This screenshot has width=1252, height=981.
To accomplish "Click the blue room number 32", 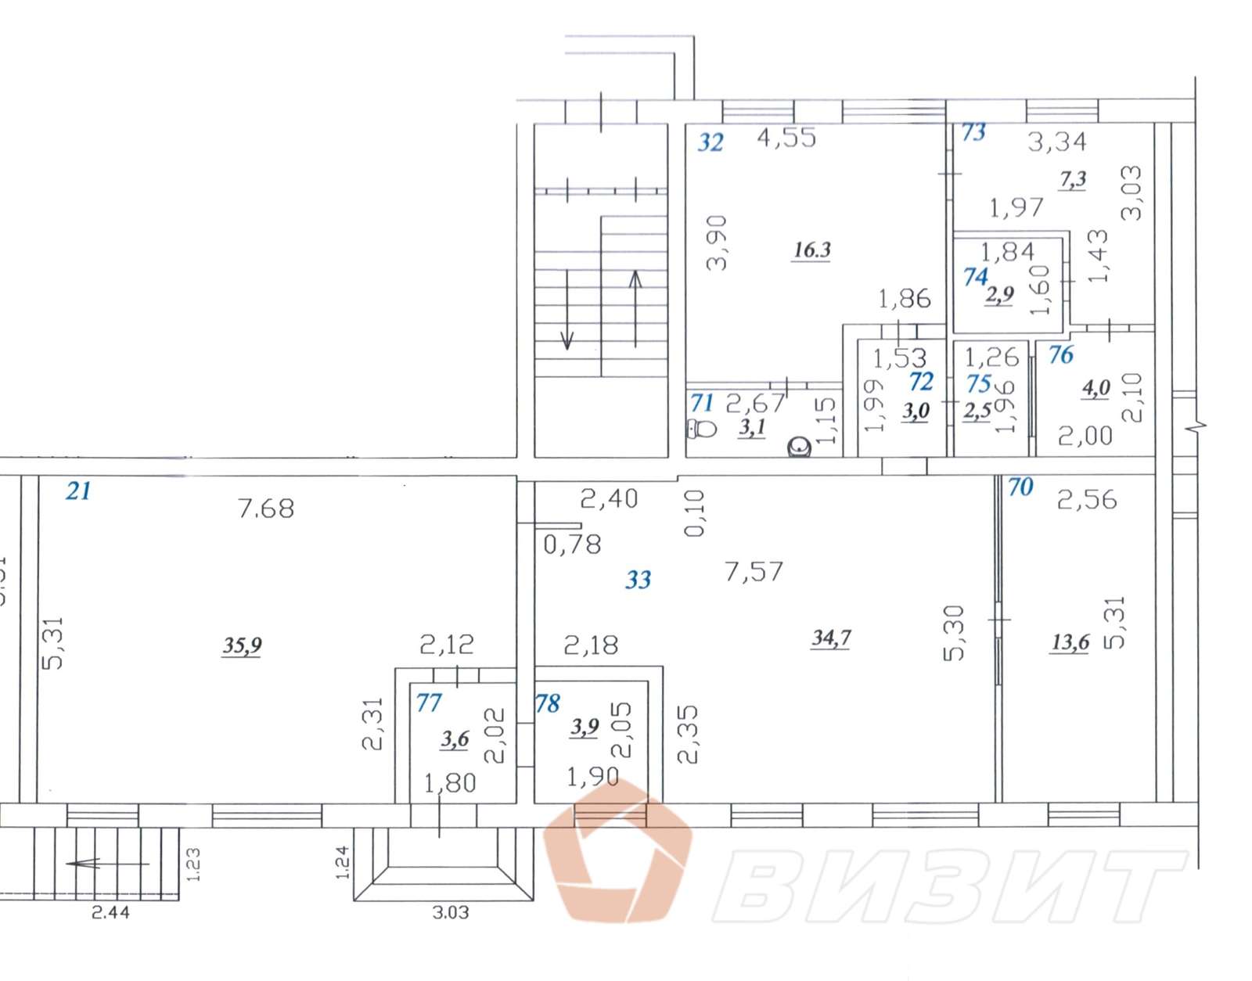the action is (710, 142).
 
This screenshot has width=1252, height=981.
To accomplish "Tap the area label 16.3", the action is (811, 250).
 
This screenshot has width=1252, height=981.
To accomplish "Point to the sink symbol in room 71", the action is (799, 447).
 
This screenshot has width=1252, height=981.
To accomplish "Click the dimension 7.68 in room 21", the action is (265, 508).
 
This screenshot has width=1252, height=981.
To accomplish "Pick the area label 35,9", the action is (242, 645).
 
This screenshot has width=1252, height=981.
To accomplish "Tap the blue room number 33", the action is (638, 580).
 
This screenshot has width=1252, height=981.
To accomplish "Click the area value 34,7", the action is (831, 638).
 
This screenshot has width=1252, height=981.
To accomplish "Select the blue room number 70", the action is (1020, 487).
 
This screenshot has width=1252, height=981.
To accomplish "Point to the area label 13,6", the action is (1070, 641).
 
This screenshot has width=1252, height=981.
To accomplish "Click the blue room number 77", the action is (429, 703).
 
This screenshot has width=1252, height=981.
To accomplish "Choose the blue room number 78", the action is (547, 703).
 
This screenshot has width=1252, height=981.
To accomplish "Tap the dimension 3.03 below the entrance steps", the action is (451, 912).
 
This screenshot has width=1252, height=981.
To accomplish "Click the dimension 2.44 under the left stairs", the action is (110, 912).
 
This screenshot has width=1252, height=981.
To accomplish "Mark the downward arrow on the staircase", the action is (567, 310).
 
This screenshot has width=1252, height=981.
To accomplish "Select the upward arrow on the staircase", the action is (635, 309).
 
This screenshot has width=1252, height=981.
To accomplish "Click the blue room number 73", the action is (973, 132).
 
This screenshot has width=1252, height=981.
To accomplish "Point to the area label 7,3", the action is (1073, 180).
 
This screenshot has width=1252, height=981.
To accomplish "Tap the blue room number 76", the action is (1061, 355).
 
